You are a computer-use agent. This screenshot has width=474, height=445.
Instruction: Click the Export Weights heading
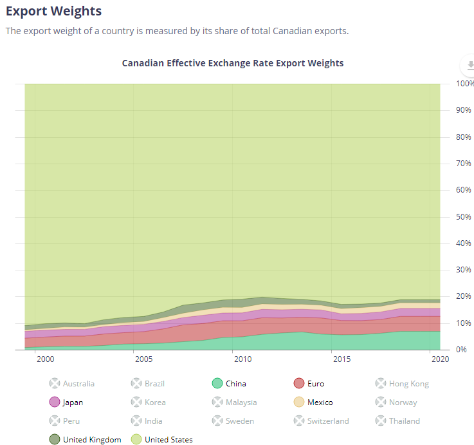pos(53,11)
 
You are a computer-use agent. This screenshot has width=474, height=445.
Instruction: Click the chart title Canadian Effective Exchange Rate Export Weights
pos(233,63)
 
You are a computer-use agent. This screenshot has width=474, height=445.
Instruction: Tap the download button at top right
pos(469,66)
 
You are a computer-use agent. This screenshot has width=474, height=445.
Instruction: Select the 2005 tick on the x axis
pos(143,358)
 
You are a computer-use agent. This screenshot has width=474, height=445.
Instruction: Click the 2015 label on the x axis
pos(341,358)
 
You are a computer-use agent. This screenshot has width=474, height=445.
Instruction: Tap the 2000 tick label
pos(45,358)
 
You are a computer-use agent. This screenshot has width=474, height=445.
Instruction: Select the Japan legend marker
pos(55,402)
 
